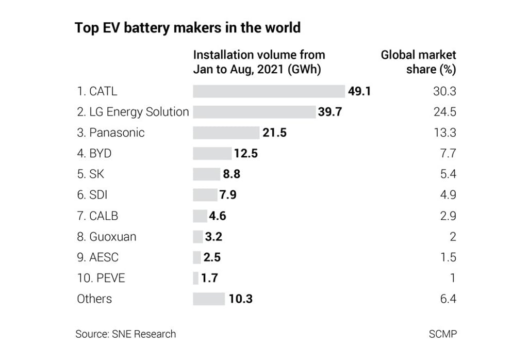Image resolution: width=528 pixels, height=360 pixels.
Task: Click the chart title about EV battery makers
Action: point(188,27)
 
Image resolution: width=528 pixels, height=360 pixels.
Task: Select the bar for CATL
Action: point(269,91)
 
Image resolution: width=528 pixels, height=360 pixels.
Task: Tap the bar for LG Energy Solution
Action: point(254,112)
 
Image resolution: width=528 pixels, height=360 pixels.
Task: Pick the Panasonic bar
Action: point(226,133)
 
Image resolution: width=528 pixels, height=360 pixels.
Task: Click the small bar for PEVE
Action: point(195,278)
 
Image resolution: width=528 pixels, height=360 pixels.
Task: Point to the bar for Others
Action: point(209,299)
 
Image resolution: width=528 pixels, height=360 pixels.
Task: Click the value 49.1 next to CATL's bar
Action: point(359,91)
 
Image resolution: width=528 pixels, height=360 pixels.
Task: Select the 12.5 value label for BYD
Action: point(245,153)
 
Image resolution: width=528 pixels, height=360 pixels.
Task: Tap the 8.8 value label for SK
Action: point(231,174)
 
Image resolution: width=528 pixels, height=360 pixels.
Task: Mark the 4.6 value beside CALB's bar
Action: point(217,216)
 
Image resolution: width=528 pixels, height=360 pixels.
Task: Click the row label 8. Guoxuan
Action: point(107,237)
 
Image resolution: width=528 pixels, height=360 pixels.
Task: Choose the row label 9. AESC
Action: point(98,257)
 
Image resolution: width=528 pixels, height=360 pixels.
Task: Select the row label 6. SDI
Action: point(92,195)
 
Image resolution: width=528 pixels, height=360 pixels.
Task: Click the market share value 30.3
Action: point(444,91)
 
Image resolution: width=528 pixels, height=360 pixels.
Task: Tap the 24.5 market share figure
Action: point(444,112)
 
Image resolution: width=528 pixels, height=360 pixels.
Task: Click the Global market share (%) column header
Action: point(419,62)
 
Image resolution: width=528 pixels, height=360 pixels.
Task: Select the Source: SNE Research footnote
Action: point(125,334)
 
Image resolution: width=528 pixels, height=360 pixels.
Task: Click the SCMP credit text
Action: point(442,334)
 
